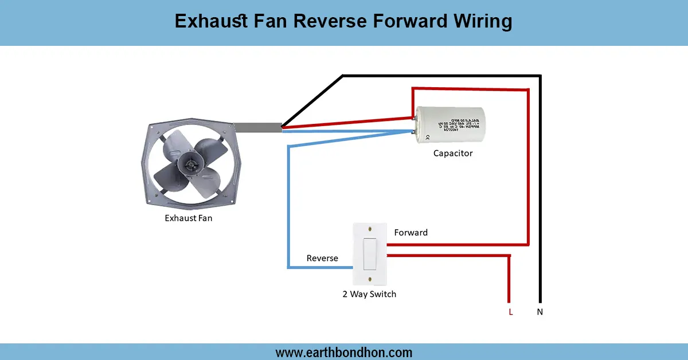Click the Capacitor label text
(x=453, y=153)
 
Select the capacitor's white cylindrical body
(x=449, y=124)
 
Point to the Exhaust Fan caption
(x=188, y=218)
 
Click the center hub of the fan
(x=187, y=165)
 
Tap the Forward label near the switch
(x=411, y=232)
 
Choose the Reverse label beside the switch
(x=322, y=258)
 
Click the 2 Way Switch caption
(x=369, y=294)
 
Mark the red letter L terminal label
(x=510, y=312)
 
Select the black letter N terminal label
(x=540, y=312)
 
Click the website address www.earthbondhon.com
(x=344, y=352)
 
